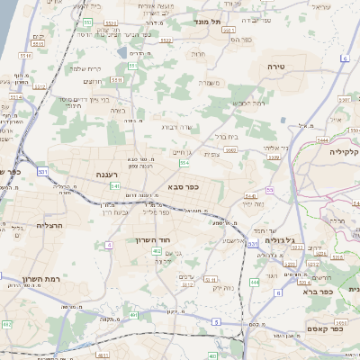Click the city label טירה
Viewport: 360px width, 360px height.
[275, 67]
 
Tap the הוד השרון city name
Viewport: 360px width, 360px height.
[165, 241]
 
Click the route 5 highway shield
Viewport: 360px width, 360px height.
[216, 321]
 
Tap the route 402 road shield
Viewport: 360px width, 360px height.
[157, 251]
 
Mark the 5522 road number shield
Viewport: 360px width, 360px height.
[165, 40]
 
